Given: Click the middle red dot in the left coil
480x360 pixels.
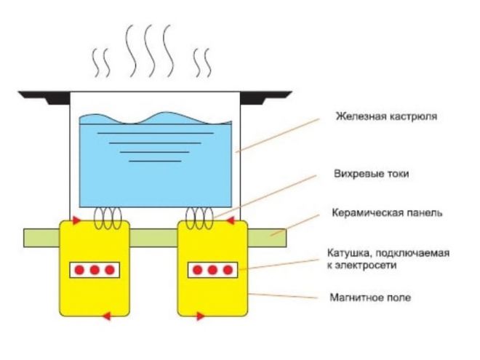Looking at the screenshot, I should coord(95,270).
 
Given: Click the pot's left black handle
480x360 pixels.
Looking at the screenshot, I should coord(43,95).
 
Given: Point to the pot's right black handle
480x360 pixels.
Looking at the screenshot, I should coord(266,95).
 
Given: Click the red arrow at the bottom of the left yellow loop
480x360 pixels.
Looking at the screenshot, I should coord(106,316).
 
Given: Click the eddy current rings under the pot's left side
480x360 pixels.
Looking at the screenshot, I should coord(108,216).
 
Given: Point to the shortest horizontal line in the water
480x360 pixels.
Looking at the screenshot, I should coord(154,160).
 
